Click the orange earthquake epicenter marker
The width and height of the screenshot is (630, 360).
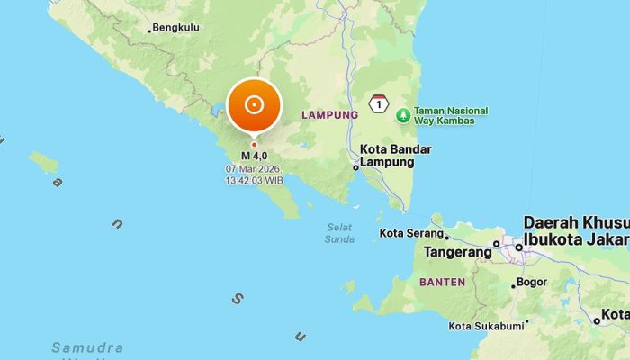coord(254,105)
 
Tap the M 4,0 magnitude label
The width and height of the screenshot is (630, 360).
coord(254,156)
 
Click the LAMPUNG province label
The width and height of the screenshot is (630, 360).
coord(329,115)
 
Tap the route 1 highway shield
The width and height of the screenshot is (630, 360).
coord(380,105)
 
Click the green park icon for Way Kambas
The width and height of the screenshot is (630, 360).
coord(403,114)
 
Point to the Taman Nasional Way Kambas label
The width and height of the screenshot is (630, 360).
coord(450,114)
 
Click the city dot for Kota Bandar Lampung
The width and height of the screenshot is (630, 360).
coord(356,166)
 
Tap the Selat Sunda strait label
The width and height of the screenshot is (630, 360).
coord(339,232)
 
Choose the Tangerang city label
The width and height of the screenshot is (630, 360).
coord(457,253)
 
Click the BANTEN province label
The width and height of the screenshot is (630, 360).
coord(442,282)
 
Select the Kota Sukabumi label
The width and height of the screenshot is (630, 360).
coord(486,326)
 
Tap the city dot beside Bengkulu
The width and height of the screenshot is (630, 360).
coord(149,31)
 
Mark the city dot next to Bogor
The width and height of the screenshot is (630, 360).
coord(514,286)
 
